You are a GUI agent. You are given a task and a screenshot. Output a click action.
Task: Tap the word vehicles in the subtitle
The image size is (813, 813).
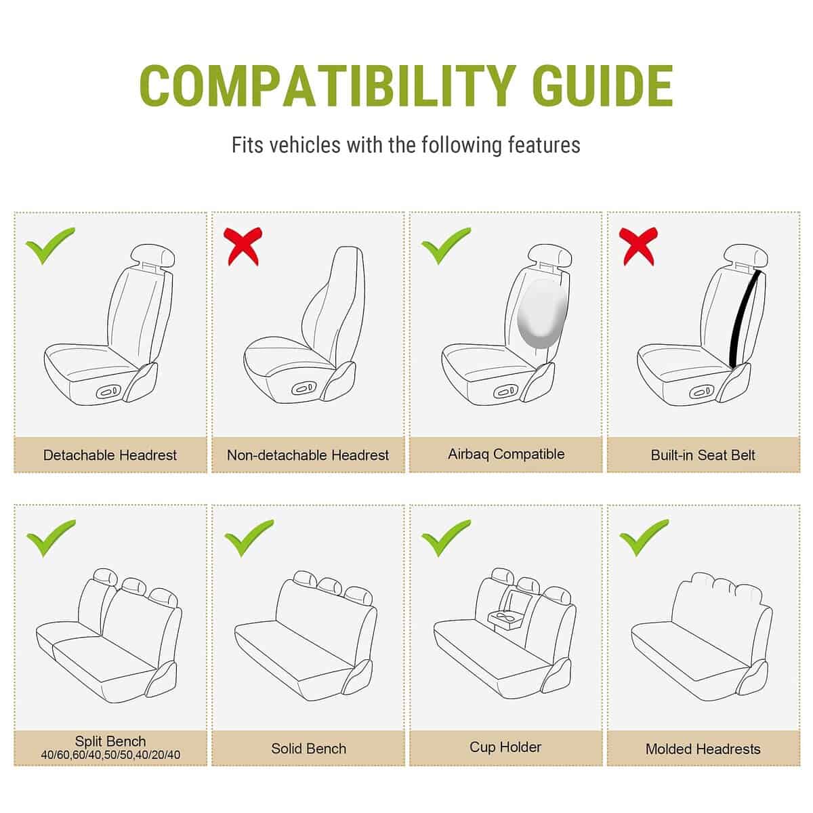(x=305, y=145)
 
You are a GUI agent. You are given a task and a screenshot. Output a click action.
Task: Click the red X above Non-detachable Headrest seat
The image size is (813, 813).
(x=243, y=247)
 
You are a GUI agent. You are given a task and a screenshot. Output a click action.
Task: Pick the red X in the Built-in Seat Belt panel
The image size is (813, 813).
(x=638, y=247)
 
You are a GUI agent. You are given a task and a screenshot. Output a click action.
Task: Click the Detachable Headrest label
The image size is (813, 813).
(x=110, y=455)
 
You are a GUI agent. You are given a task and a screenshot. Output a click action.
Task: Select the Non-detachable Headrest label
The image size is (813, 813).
(x=308, y=455)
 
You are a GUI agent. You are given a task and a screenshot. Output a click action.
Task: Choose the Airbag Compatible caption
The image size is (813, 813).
(x=506, y=454)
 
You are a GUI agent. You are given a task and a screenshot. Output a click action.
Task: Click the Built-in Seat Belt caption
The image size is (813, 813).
(x=703, y=455)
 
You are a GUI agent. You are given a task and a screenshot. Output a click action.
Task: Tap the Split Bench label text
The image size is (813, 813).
(x=110, y=741)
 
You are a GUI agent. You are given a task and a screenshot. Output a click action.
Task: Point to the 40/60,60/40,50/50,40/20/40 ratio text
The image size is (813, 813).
(x=110, y=755)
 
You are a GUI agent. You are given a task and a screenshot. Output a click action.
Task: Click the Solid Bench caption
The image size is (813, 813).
(x=308, y=749)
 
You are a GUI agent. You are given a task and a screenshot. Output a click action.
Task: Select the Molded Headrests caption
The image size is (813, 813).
(x=703, y=749)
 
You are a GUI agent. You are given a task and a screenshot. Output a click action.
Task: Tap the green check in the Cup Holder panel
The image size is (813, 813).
(x=446, y=538)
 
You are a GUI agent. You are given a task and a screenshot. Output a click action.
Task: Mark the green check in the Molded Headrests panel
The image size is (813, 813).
(x=644, y=538)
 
